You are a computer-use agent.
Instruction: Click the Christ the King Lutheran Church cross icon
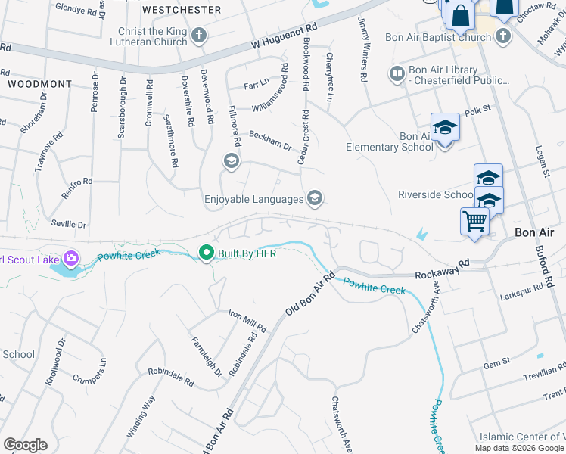(199, 35)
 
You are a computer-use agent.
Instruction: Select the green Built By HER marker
(205, 253)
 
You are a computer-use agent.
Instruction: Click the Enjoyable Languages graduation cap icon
(315, 199)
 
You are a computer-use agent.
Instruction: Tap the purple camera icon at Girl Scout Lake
(71, 259)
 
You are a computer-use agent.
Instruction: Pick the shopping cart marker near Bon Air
(474, 222)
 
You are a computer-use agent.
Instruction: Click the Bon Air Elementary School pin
(445, 129)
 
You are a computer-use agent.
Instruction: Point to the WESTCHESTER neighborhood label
(182, 10)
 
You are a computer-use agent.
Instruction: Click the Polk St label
(478, 109)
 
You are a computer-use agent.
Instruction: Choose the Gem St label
(497, 365)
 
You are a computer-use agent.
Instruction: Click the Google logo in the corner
(25, 445)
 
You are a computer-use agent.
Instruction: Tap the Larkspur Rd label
(522, 292)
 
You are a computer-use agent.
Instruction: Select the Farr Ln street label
(257, 82)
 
